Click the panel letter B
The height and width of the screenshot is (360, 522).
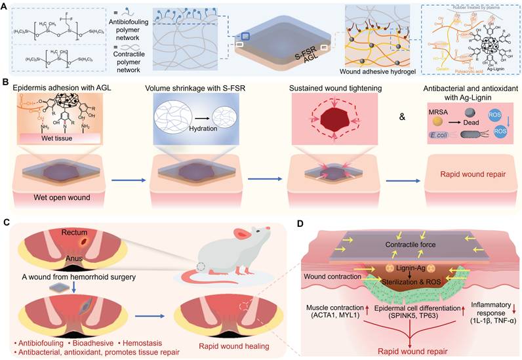(x=6, y=84)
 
